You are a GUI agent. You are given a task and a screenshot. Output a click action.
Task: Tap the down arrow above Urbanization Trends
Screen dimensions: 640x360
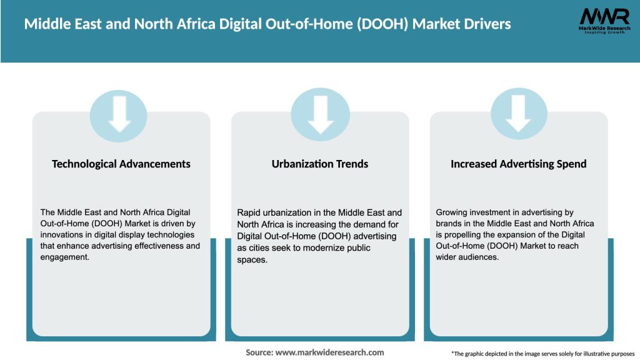(320, 114)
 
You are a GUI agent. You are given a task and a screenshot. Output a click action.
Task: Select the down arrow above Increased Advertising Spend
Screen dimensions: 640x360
(519, 114)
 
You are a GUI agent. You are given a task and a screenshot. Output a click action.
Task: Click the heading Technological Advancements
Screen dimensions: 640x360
(121, 164)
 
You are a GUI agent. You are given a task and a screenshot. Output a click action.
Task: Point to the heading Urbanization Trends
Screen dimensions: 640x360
(320, 164)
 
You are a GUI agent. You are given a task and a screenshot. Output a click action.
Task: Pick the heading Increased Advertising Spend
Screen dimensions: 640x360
(519, 164)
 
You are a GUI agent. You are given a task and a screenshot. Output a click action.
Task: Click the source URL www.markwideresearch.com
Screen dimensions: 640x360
(329, 352)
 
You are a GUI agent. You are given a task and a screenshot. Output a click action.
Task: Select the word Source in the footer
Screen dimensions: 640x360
(259, 352)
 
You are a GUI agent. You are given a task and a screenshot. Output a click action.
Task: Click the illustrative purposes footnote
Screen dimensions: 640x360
(542, 354)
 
